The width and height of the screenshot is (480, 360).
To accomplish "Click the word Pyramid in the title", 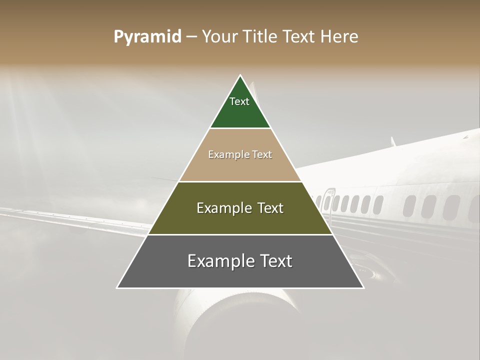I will (147, 37).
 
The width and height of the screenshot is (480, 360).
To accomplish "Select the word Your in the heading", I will (219, 37).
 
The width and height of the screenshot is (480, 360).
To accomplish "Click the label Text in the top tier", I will (239, 101).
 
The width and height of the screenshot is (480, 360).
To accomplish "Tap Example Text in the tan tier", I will (240, 154).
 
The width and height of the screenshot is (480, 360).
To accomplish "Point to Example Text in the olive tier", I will (240, 208).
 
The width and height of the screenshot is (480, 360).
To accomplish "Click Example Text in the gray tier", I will (240, 261).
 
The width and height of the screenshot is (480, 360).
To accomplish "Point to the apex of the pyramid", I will (240, 76).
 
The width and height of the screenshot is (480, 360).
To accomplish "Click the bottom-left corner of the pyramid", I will (117, 287).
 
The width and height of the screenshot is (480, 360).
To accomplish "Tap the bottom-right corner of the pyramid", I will (363, 287).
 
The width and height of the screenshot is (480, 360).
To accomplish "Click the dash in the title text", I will (191, 37).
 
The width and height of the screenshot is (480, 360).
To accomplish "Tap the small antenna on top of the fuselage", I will (393, 141).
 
